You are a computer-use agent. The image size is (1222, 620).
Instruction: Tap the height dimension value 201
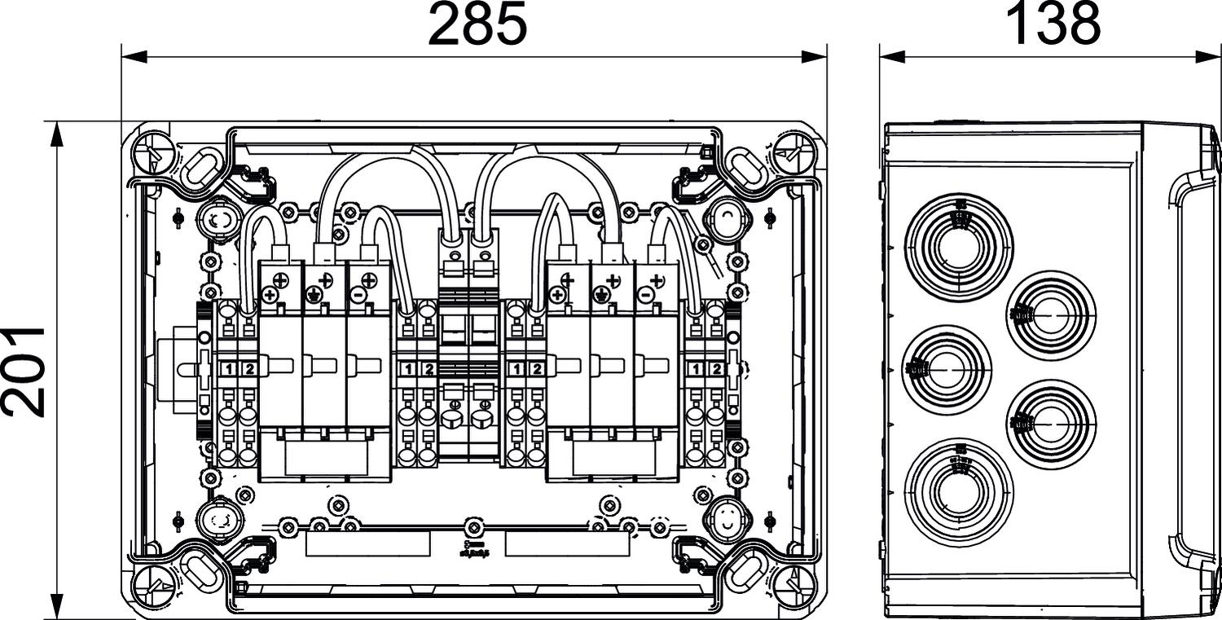pyautogui.click(x=23, y=371)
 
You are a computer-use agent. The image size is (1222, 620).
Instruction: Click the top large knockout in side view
pyautogui.click(x=959, y=247)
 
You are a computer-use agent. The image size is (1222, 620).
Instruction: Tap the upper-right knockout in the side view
pyautogui.click(x=1051, y=315)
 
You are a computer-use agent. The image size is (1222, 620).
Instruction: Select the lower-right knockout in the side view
pyautogui.click(x=1051, y=424)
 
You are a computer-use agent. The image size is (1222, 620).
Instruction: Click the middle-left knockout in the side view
pyautogui.click(x=947, y=369)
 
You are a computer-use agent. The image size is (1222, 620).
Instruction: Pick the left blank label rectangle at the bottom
pyautogui.click(x=367, y=544)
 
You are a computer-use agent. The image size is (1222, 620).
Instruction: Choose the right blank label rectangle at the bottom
pyautogui.click(x=567, y=544)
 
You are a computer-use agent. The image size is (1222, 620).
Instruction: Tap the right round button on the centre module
pyautogui.click(x=483, y=418)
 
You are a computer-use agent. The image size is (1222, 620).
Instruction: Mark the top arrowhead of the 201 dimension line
pyautogui.click(x=56, y=134)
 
